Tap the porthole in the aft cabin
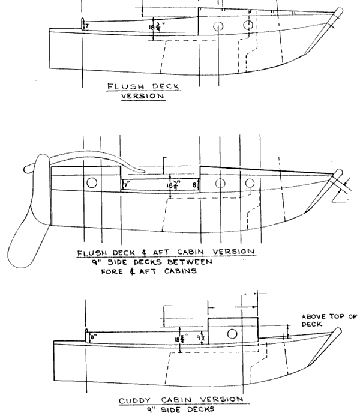(x=92, y=182)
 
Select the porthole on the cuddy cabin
(x=233, y=334)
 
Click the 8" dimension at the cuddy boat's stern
(x=94, y=337)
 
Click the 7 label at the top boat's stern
(x=86, y=26)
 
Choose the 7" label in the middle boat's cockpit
(x=126, y=185)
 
